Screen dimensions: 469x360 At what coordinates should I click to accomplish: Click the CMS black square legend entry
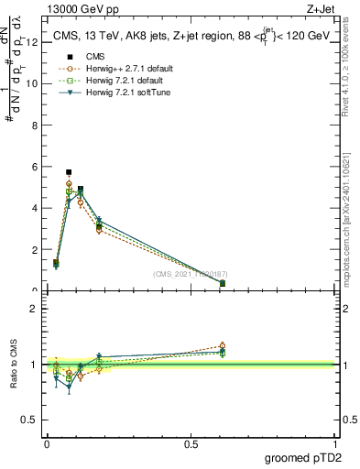[x=92, y=57]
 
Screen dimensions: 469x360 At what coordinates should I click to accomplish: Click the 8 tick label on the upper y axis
[x=34, y=125]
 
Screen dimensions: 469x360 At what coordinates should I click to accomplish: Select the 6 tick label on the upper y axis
[x=34, y=167]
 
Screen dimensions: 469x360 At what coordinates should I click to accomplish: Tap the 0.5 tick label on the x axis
[x=191, y=443]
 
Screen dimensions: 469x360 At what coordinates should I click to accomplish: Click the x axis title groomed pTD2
[x=305, y=457]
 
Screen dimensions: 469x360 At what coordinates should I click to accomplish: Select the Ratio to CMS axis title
[x=14, y=365]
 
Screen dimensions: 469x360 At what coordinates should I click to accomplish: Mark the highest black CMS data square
[x=69, y=172]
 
